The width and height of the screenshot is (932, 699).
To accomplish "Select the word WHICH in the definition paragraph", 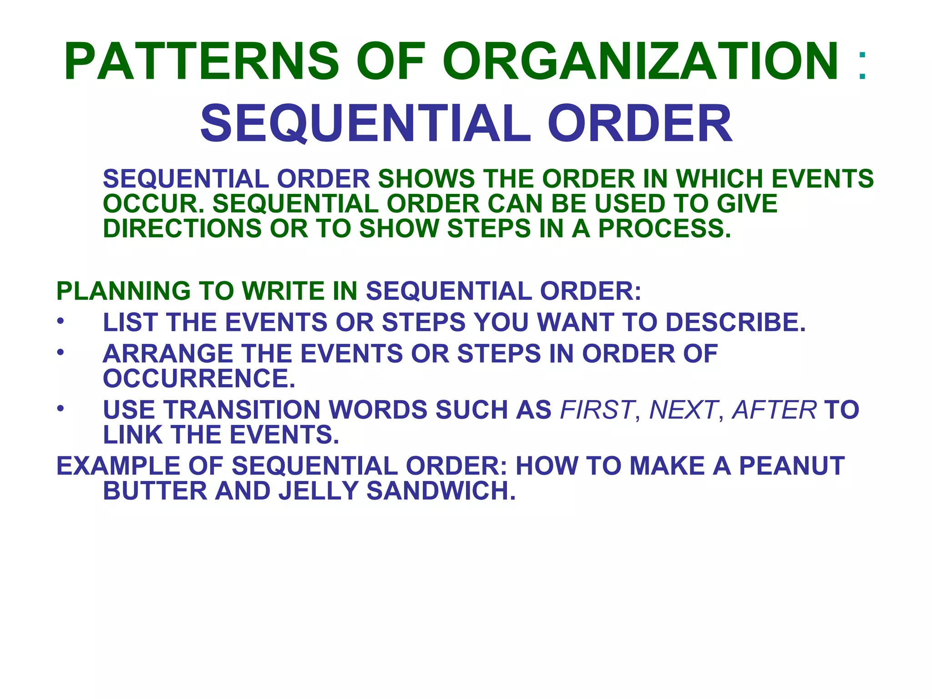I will (719, 178).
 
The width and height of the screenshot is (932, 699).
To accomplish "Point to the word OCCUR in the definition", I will (151, 203).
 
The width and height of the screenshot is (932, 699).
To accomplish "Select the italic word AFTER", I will (774, 410).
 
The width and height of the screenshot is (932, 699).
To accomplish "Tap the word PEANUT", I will (791, 466).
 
